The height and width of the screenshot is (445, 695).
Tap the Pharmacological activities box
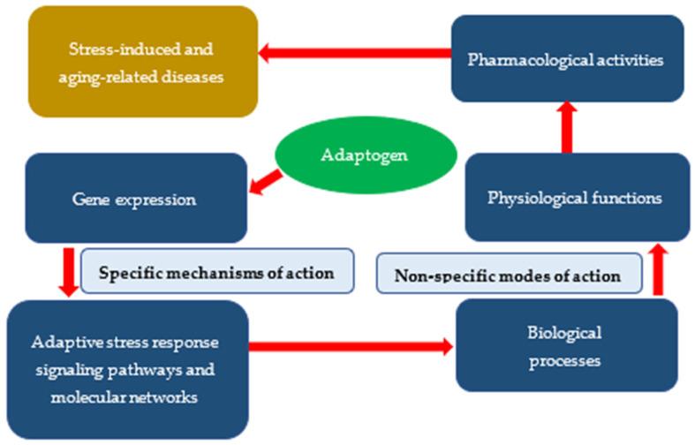[567, 59]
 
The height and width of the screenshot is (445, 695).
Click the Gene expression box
[135, 199]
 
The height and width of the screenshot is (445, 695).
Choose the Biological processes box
[567, 346]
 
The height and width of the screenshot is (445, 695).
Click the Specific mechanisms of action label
[216, 273]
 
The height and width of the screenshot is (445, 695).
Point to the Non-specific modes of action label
[508, 275]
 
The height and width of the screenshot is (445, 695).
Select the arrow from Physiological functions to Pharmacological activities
[567, 126]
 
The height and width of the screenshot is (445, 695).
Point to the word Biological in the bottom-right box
[567, 333]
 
